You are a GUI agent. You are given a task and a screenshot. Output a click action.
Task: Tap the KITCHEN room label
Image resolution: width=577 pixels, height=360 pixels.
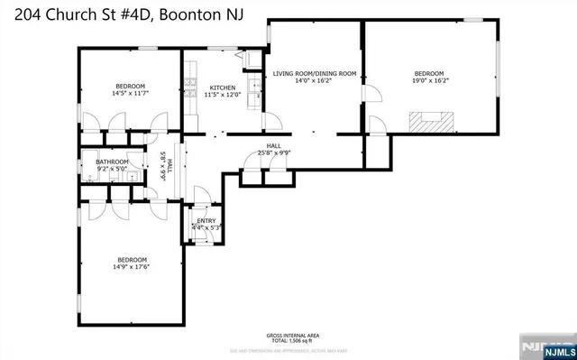point(222,88)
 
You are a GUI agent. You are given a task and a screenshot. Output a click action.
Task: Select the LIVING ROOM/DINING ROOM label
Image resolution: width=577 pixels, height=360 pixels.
point(316,72)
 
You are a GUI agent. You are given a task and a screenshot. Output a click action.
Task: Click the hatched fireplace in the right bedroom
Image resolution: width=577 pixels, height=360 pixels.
point(429,120)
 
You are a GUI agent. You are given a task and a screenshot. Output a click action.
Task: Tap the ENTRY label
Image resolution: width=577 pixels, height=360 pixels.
point(206,220)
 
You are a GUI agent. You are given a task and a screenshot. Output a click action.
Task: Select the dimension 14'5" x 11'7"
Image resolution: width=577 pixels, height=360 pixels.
point(130,92)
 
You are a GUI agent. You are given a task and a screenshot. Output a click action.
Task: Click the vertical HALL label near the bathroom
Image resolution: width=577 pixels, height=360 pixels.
point(168,166)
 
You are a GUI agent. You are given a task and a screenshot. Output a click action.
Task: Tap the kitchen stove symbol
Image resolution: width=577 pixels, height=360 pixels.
point(190,88)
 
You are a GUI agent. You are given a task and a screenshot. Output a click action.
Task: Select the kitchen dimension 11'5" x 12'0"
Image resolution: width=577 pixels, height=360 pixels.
point(222,95)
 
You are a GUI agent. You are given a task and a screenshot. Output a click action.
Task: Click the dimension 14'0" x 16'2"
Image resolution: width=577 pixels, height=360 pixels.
point(315,80)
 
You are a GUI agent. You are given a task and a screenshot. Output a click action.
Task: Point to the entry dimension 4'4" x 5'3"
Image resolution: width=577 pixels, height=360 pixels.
point(206,227)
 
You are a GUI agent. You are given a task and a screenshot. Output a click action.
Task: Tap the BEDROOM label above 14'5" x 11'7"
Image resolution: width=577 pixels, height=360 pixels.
point(130,84)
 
